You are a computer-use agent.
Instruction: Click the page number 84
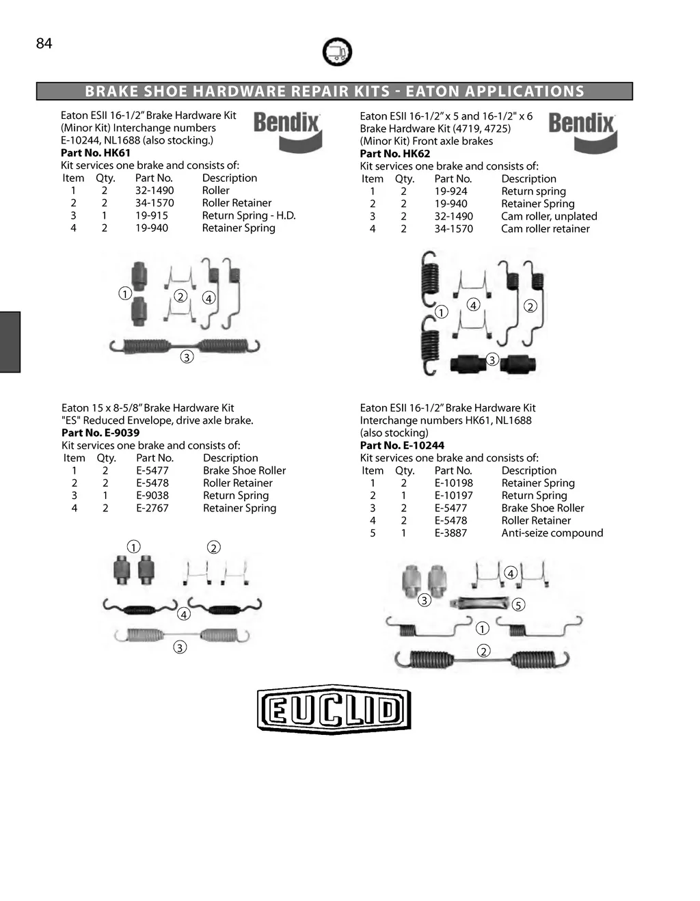pyautogui.click(x=44, y=44)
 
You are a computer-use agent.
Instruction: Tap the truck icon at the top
pyautogui.click(x=336, y=52)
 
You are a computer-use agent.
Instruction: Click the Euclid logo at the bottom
pyautogui.click(x=334, y=710)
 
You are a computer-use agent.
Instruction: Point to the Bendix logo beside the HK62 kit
pyautogui.click(x=582, y=132)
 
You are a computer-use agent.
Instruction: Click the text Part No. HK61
pyautogui.click(x=96, y=152)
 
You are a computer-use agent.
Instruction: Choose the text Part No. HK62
pyautogui.click(x=395, y=153)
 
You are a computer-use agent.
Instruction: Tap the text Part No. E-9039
pyautogui.click(x=100, y=433)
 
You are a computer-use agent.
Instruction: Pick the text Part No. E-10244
pyautogui.click(x=402, y=445)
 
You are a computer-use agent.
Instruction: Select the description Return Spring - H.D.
pyautogui.click(x=249, y=215)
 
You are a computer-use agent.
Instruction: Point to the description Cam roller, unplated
pyautogui.click(x=549, y=216)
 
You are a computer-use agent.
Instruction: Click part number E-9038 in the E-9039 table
pyautogui.click(x=152, y=496)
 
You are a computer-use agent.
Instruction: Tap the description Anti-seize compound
pyautogui.click(x=552, y=533)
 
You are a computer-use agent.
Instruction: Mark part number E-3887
pyautogui.click(x=451, y=533)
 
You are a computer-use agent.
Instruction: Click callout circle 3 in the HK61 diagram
pyautogui.click(x=187, y=357)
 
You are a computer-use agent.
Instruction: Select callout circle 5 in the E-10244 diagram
pyautogui.click(x=518, y=605)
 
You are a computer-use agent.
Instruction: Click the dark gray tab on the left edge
pyautogui.click(x=10, y=342)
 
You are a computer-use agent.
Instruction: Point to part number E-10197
pyautogui.click(x=454, y=496)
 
